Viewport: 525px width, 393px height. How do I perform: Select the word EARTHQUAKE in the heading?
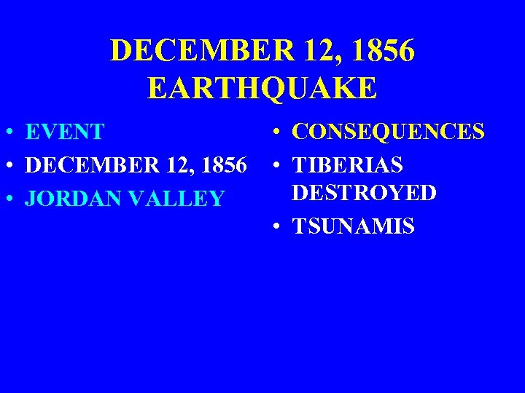click(x=262, y=88)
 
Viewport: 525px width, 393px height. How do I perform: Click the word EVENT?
click(x=65, y=132)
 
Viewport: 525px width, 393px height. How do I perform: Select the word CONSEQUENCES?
click(x=388, y=132)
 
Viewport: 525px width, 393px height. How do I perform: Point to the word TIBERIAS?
click(x=347, y=165)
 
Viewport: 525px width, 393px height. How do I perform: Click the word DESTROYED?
click(x=364, y=193)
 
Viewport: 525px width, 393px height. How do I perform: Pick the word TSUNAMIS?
click(x=353, y=226)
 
